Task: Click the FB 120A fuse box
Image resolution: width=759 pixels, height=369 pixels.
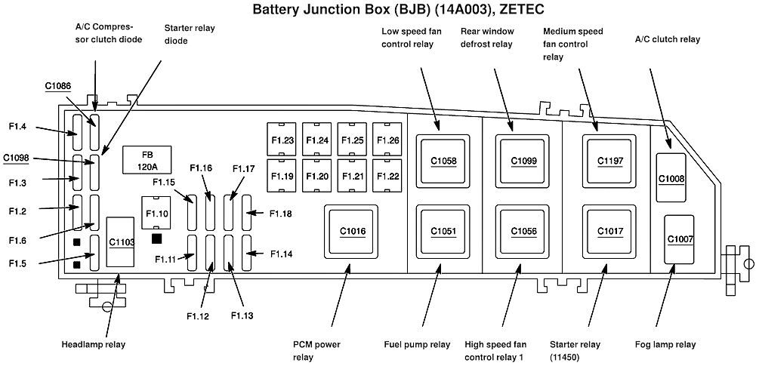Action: [143, 160]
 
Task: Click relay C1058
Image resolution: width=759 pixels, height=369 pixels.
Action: [443, 160]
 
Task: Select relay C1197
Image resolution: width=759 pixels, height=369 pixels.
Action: [610, 160]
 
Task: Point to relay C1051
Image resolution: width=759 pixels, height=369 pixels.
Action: [443, 231]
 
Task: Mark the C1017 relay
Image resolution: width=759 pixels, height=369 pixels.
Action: [610, 231]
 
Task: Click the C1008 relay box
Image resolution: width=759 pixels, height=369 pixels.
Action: [671, 178]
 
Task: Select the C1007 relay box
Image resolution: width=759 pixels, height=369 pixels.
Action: [680, 239]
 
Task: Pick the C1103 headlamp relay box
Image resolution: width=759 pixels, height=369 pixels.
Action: [122, 242]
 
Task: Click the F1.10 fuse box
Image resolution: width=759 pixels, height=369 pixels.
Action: [157, 213]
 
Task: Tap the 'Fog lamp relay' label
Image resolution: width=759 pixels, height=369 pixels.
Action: [665, 345]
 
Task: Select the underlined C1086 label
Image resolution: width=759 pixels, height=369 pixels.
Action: [57, 87]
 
